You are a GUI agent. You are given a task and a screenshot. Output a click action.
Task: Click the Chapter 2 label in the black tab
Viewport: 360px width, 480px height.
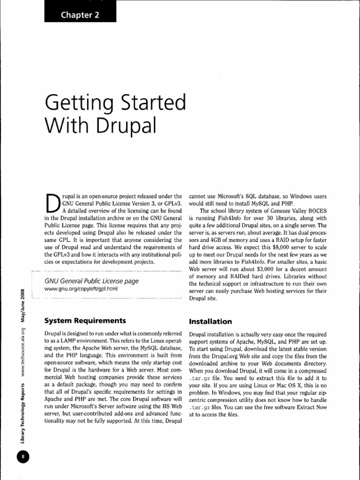(80, 15)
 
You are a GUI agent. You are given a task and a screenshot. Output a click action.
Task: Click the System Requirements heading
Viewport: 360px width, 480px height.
(85, 321)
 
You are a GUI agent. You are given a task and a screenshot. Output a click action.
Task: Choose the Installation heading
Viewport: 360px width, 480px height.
(210, 322)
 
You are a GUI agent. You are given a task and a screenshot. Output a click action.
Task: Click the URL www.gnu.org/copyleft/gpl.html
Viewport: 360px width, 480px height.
(81, 289)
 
